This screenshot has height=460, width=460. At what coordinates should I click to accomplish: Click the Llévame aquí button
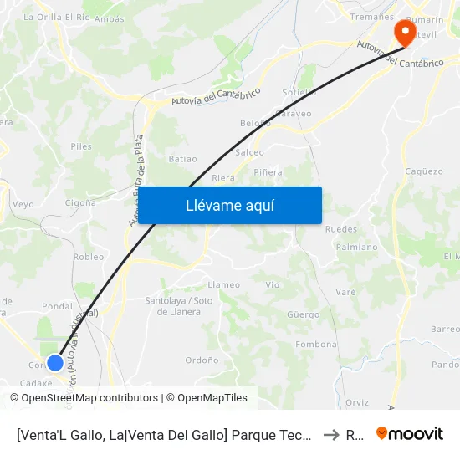point(229,205)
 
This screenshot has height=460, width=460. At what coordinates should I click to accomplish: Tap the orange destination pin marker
point(406,33)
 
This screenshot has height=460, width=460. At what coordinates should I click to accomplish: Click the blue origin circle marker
point(55,362)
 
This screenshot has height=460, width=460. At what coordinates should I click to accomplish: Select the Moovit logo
point(410,433)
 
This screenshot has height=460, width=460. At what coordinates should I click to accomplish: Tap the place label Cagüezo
point(423,171)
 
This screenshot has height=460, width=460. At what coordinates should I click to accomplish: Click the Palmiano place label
point(356,248)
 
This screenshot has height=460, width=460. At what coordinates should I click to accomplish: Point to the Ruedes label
point(340,229)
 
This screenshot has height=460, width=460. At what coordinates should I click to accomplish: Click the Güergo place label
point(303,315)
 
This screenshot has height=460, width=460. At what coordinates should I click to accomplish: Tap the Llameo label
point(223,285)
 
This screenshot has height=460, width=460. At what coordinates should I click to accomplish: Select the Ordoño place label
point(202,360)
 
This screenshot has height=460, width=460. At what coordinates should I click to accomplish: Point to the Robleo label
point(89,257)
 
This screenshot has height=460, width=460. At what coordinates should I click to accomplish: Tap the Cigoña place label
point(80,202)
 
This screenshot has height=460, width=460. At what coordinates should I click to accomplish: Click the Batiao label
point(182,158)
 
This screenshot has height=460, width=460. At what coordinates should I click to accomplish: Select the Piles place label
point(81,146)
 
